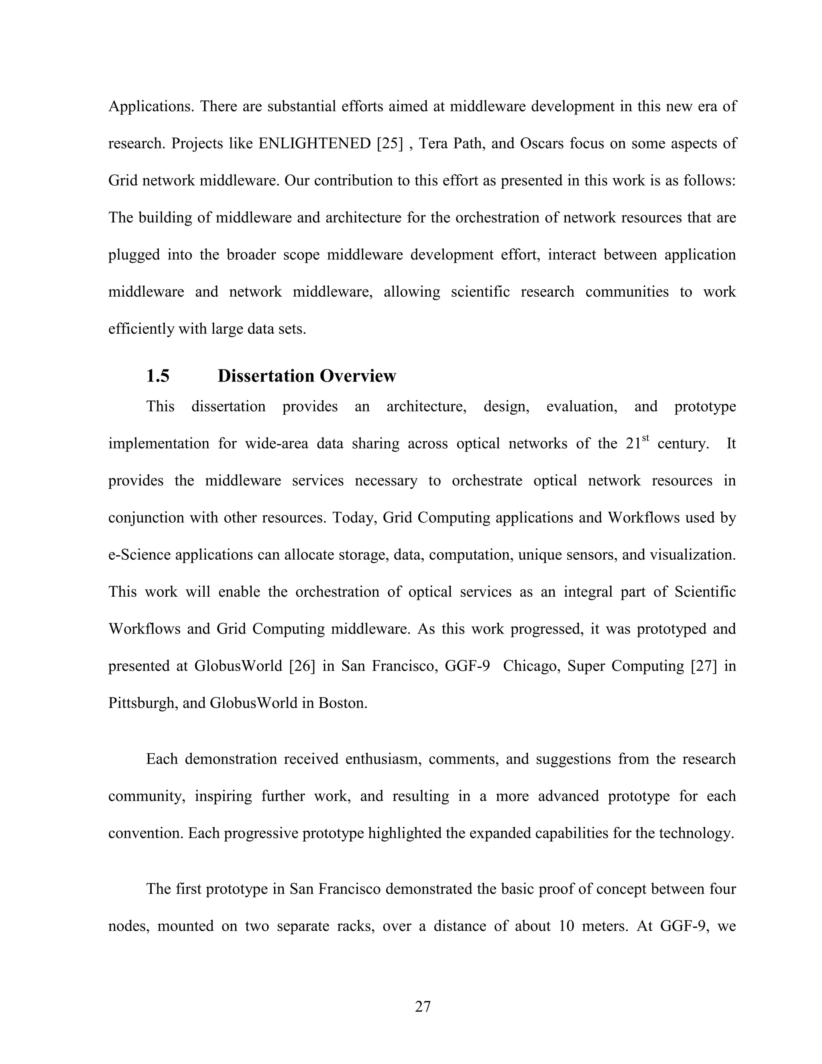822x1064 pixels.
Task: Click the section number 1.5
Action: (158, 376)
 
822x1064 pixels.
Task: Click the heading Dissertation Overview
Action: (306, 376)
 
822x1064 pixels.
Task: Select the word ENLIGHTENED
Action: (315, 144)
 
